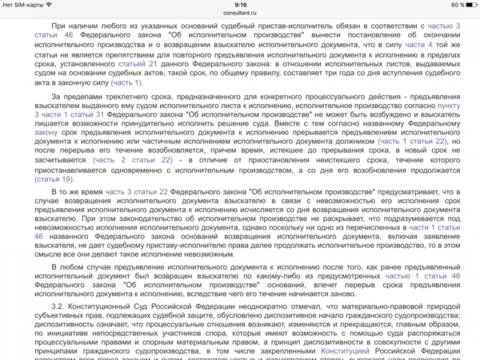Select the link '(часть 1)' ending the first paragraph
[x=127, y=82]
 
